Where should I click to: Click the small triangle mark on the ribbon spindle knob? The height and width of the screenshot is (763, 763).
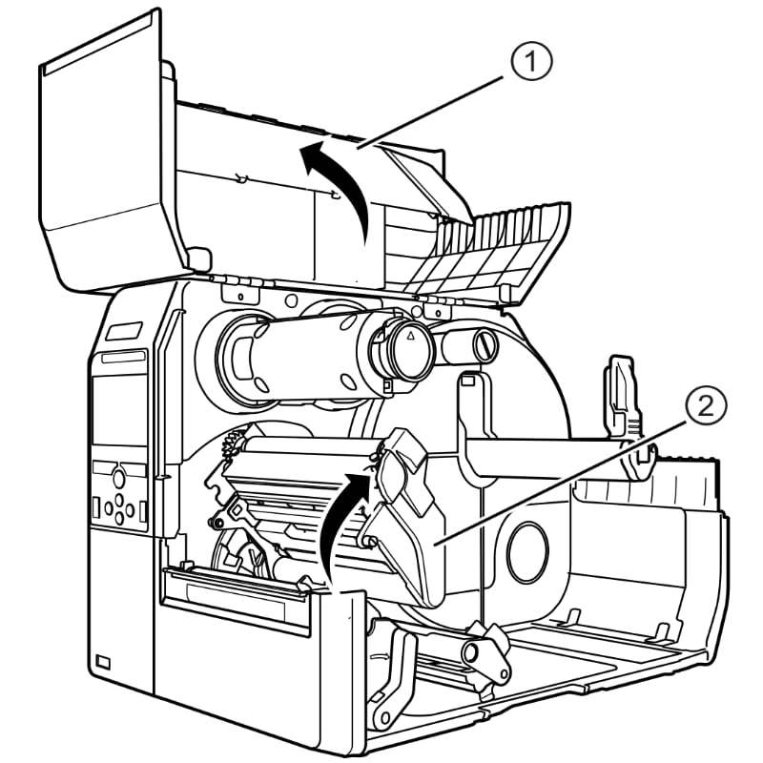point(411,338)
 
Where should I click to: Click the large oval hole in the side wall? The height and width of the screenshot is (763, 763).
point(526,551)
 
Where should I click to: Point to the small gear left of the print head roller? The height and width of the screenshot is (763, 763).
point(228,443)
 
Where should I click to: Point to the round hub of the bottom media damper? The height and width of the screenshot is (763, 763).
point(473,652)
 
